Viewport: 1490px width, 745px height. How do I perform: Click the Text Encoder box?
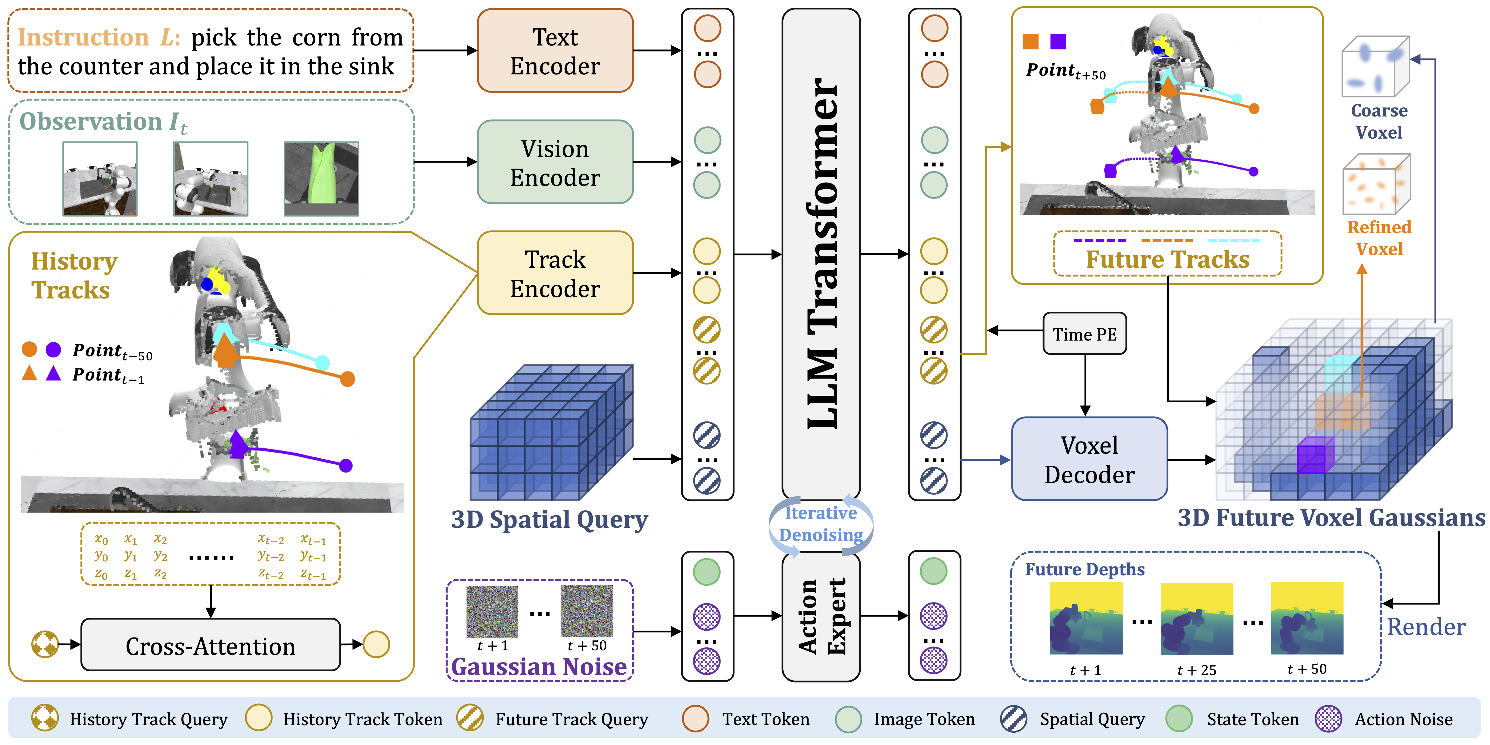click(555, 51)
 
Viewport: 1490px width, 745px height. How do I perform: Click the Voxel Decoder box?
click(1089, 459)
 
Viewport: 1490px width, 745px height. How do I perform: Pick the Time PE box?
click(1084, 334)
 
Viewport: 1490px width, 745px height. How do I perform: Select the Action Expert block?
click(821, 617)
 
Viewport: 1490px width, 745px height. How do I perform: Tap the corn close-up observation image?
click(321, 179)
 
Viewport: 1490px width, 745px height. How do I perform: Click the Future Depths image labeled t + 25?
click(1197, 618)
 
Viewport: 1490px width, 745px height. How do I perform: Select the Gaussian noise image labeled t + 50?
click(586, 610)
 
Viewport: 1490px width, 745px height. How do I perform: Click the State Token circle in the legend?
click(1179, 719)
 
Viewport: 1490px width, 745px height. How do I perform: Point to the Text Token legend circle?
click(695, 719)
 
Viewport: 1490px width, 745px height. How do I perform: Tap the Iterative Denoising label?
click(821, 524)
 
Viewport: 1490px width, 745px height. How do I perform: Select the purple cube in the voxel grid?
click(1314, 456)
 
